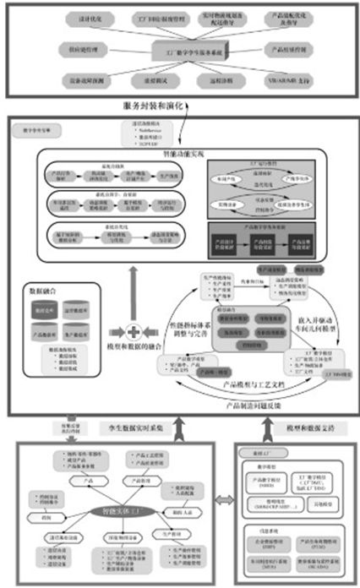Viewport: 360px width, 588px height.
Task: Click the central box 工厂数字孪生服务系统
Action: [180, 52]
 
